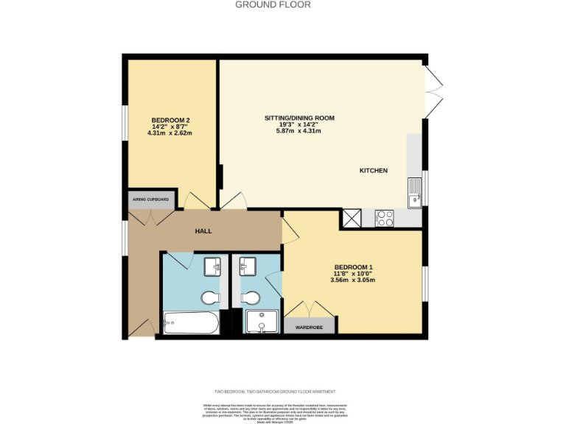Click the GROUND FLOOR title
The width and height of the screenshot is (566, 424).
[273, 4]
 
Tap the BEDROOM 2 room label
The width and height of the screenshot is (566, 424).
[172, 119]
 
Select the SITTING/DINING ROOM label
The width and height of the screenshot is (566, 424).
[300, 118]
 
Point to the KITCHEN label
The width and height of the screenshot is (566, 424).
[373, 171]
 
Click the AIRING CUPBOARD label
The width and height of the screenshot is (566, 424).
[150, 199]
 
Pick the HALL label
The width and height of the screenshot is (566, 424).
[203, 231]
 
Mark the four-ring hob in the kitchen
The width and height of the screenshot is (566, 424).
[385, 217]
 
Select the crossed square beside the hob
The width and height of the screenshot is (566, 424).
[351, 218]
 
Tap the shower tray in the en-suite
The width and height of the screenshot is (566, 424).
[262, 322]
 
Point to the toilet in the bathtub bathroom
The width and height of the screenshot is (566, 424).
[210, 297]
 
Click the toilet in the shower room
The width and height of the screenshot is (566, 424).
[250, 297]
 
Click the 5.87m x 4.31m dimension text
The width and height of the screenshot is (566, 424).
[300, 131]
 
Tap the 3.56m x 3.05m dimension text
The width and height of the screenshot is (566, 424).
[354, 280]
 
